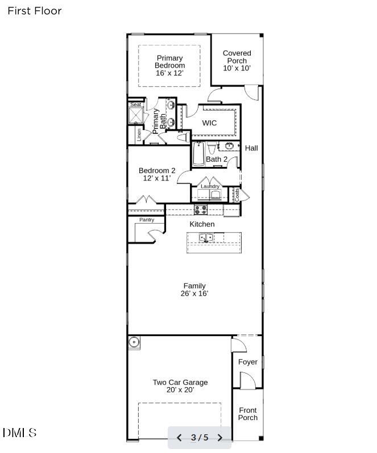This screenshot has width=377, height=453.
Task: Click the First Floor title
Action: coord(35,11)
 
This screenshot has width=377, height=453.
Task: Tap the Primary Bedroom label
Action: coord(170,65)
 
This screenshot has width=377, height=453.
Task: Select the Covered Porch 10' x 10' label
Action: coord(237,61)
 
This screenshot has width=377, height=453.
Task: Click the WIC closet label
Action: coord(209,123)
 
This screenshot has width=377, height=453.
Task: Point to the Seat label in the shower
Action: coord(136,104)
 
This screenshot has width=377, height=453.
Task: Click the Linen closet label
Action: coord(139,135)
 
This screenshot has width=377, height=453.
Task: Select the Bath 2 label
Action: coord(217,159)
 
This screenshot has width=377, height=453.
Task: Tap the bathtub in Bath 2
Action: coord(198,154)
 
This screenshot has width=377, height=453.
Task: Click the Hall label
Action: coord(251,148)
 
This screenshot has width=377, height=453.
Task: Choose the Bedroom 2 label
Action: coord(157,174)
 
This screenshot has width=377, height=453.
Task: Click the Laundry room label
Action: coord(210,186)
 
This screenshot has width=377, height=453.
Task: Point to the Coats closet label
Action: coord(237,195)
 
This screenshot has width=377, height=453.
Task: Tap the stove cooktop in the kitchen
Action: coord(201,209)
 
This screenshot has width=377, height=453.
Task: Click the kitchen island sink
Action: coord(206,237)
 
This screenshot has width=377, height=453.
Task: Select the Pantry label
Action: coord(147,220)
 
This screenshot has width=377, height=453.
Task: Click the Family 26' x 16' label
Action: coord(194,290)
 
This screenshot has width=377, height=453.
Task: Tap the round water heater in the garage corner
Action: coord(134,342)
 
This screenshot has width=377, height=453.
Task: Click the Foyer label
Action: coord(248,362)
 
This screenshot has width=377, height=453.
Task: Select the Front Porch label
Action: coord(248,414)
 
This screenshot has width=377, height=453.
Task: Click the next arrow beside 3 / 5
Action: coord(220,438)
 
